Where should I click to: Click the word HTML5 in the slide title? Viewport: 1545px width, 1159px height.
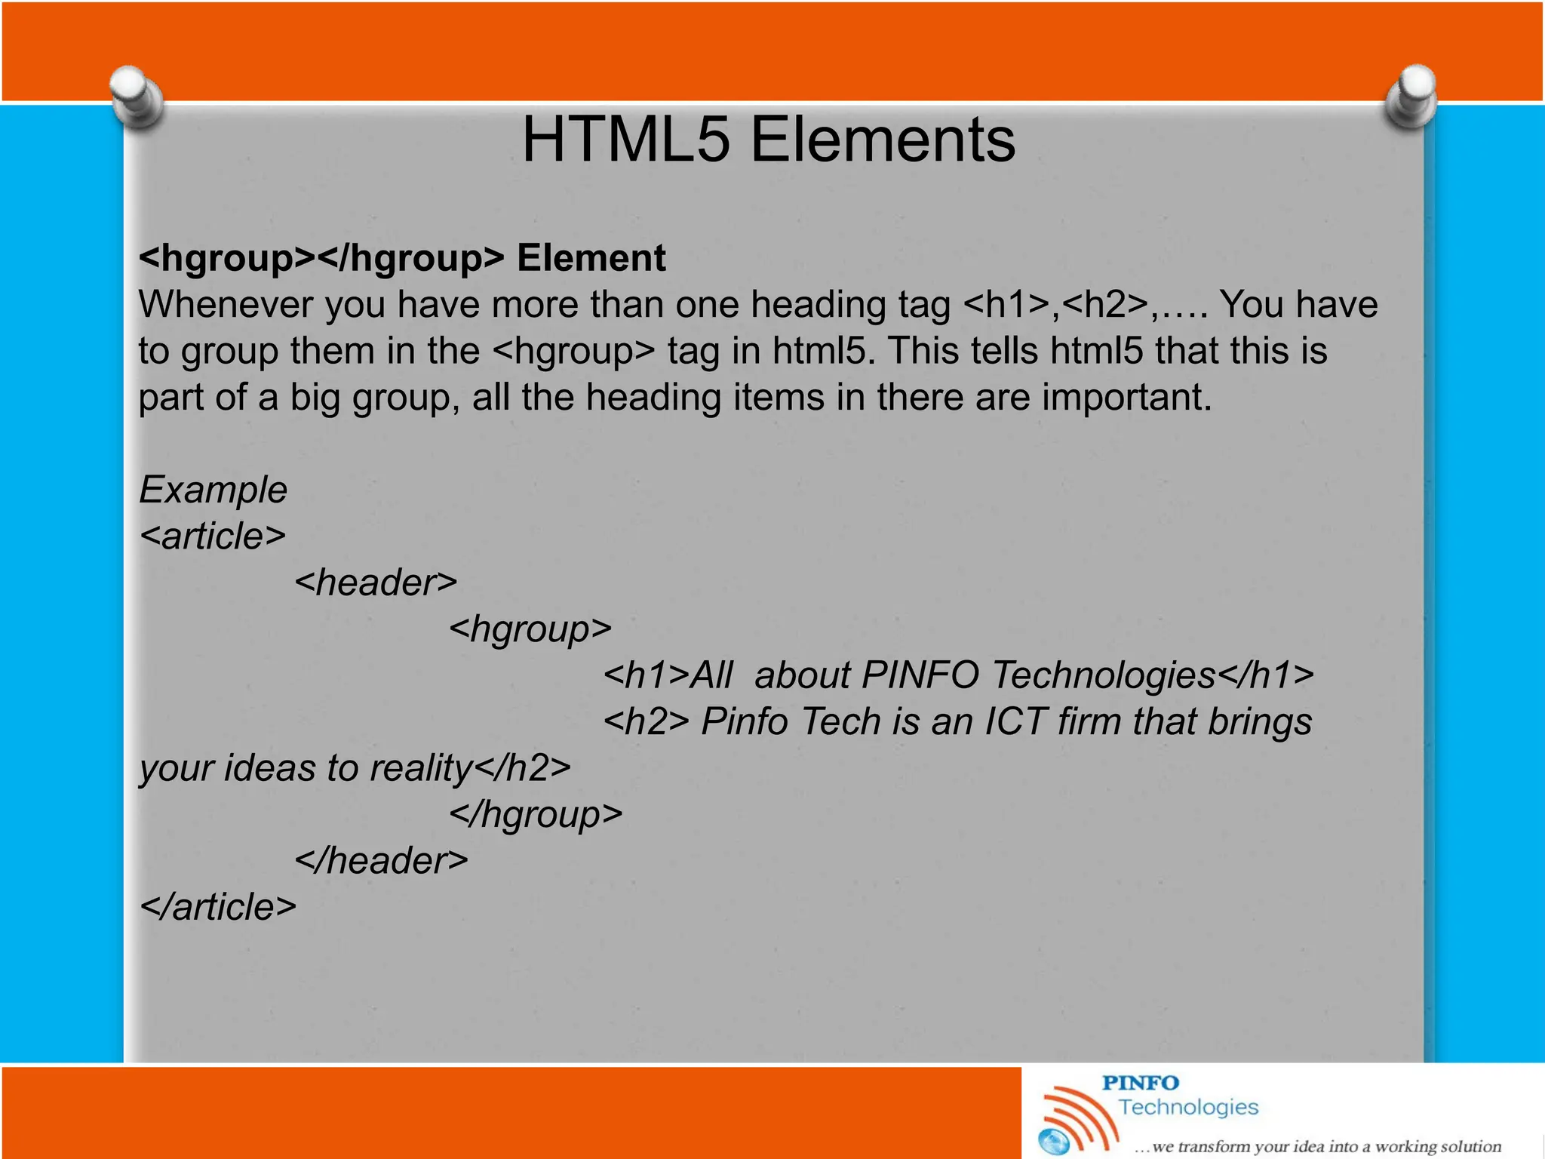pos(626,140)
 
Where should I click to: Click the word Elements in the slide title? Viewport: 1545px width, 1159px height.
pos(883,140)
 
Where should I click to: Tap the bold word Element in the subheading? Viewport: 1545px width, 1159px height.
pos(591,258)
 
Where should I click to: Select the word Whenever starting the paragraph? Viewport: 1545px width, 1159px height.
pos(226,305)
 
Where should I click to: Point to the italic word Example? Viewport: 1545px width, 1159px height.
pos(213,490)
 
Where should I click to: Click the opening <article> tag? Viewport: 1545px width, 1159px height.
pos(213,536)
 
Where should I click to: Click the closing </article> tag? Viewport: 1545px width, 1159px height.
pos(218,907)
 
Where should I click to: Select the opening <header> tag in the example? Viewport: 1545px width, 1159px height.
pos(376,583)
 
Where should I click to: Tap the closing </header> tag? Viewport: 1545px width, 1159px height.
pos(381,861)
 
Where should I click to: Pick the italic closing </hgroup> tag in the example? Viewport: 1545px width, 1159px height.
pos(536,815)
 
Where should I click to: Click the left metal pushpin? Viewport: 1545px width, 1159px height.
pos(137,96)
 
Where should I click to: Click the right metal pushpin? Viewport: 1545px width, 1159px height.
pos(1411,96)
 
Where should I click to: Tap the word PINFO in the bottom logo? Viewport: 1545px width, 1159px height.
pos(1140,1083)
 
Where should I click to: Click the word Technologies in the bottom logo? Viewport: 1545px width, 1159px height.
pos(1188,1107)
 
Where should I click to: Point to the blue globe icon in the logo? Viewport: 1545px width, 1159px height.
pos(1053,1141)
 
